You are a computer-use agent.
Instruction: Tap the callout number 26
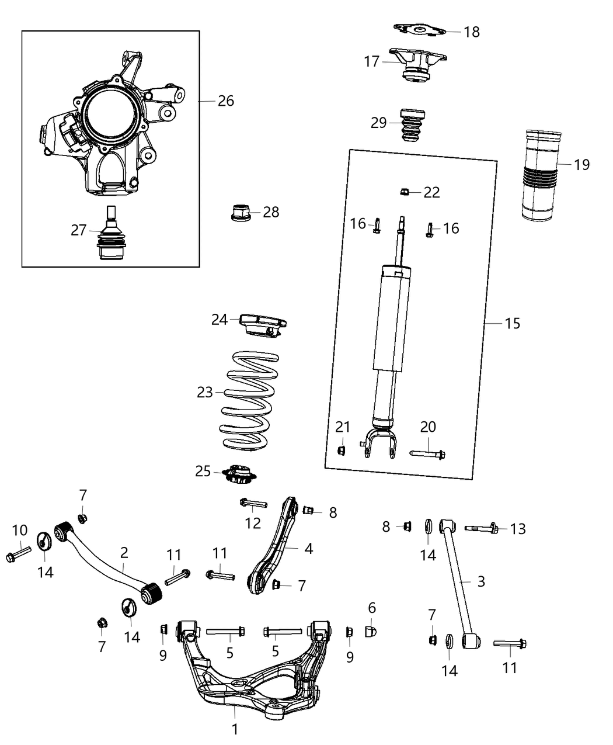[225, 101]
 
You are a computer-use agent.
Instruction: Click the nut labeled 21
[343, 449]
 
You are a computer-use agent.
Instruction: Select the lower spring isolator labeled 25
[239, 473]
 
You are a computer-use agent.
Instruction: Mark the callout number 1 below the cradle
[235, 729]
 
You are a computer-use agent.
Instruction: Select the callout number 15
[512, 323]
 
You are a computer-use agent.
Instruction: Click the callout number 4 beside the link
[308, 549]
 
